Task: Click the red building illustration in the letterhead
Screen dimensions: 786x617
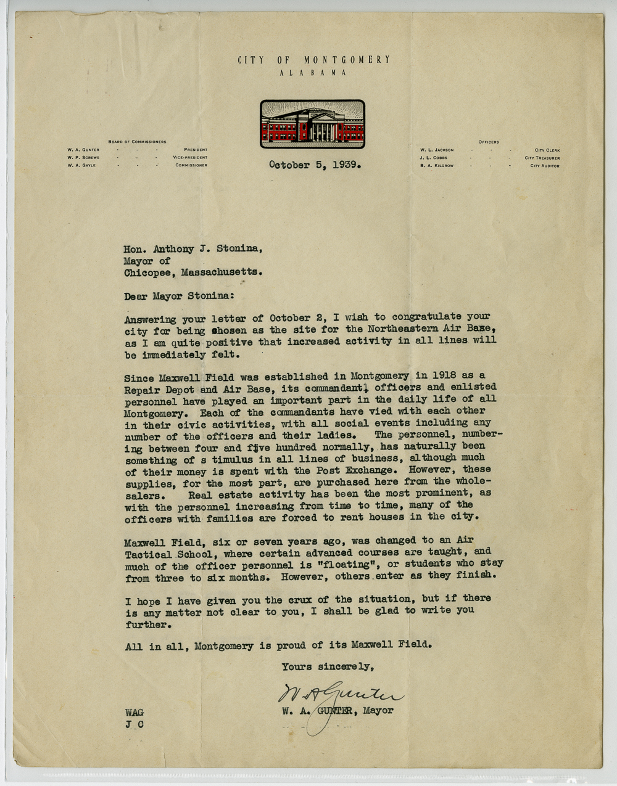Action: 312,124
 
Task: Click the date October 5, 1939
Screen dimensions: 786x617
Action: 314,165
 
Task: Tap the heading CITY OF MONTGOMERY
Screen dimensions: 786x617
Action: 314,60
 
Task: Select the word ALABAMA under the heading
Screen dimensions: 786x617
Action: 313,73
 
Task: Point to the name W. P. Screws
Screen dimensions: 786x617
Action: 83,158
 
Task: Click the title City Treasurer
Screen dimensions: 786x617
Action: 542,158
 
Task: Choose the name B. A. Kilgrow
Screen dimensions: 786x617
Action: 437,166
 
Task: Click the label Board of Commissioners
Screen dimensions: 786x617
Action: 137,142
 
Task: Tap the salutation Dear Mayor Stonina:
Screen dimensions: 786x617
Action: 179,297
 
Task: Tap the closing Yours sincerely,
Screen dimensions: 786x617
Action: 328,666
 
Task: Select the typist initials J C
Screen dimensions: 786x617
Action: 135,725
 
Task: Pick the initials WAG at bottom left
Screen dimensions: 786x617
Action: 135,713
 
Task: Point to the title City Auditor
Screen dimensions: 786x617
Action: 545,166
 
